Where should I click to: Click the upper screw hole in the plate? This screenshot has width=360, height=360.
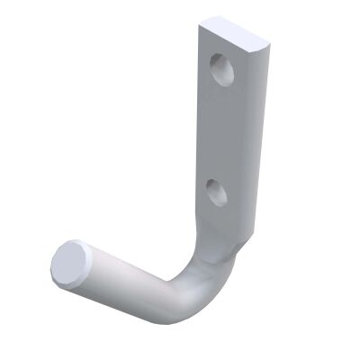pos(221,69)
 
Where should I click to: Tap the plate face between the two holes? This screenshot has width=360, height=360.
pos(220,130)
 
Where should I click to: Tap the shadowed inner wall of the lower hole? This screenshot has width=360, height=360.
pos(211,189)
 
